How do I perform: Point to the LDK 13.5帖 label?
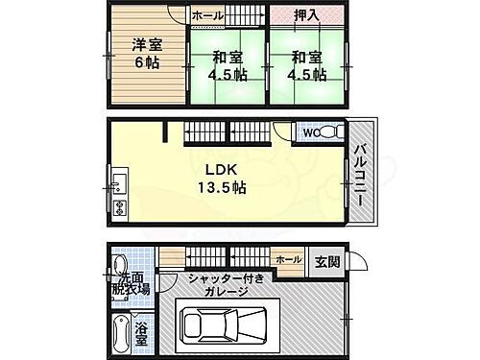[x=224, y=180]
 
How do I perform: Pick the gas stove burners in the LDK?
[x=119, y=207]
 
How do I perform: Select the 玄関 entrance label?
[x=324, y=260]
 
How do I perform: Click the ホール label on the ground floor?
[x=287, y=259]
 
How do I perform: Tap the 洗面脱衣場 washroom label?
[x=132, y=281]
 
